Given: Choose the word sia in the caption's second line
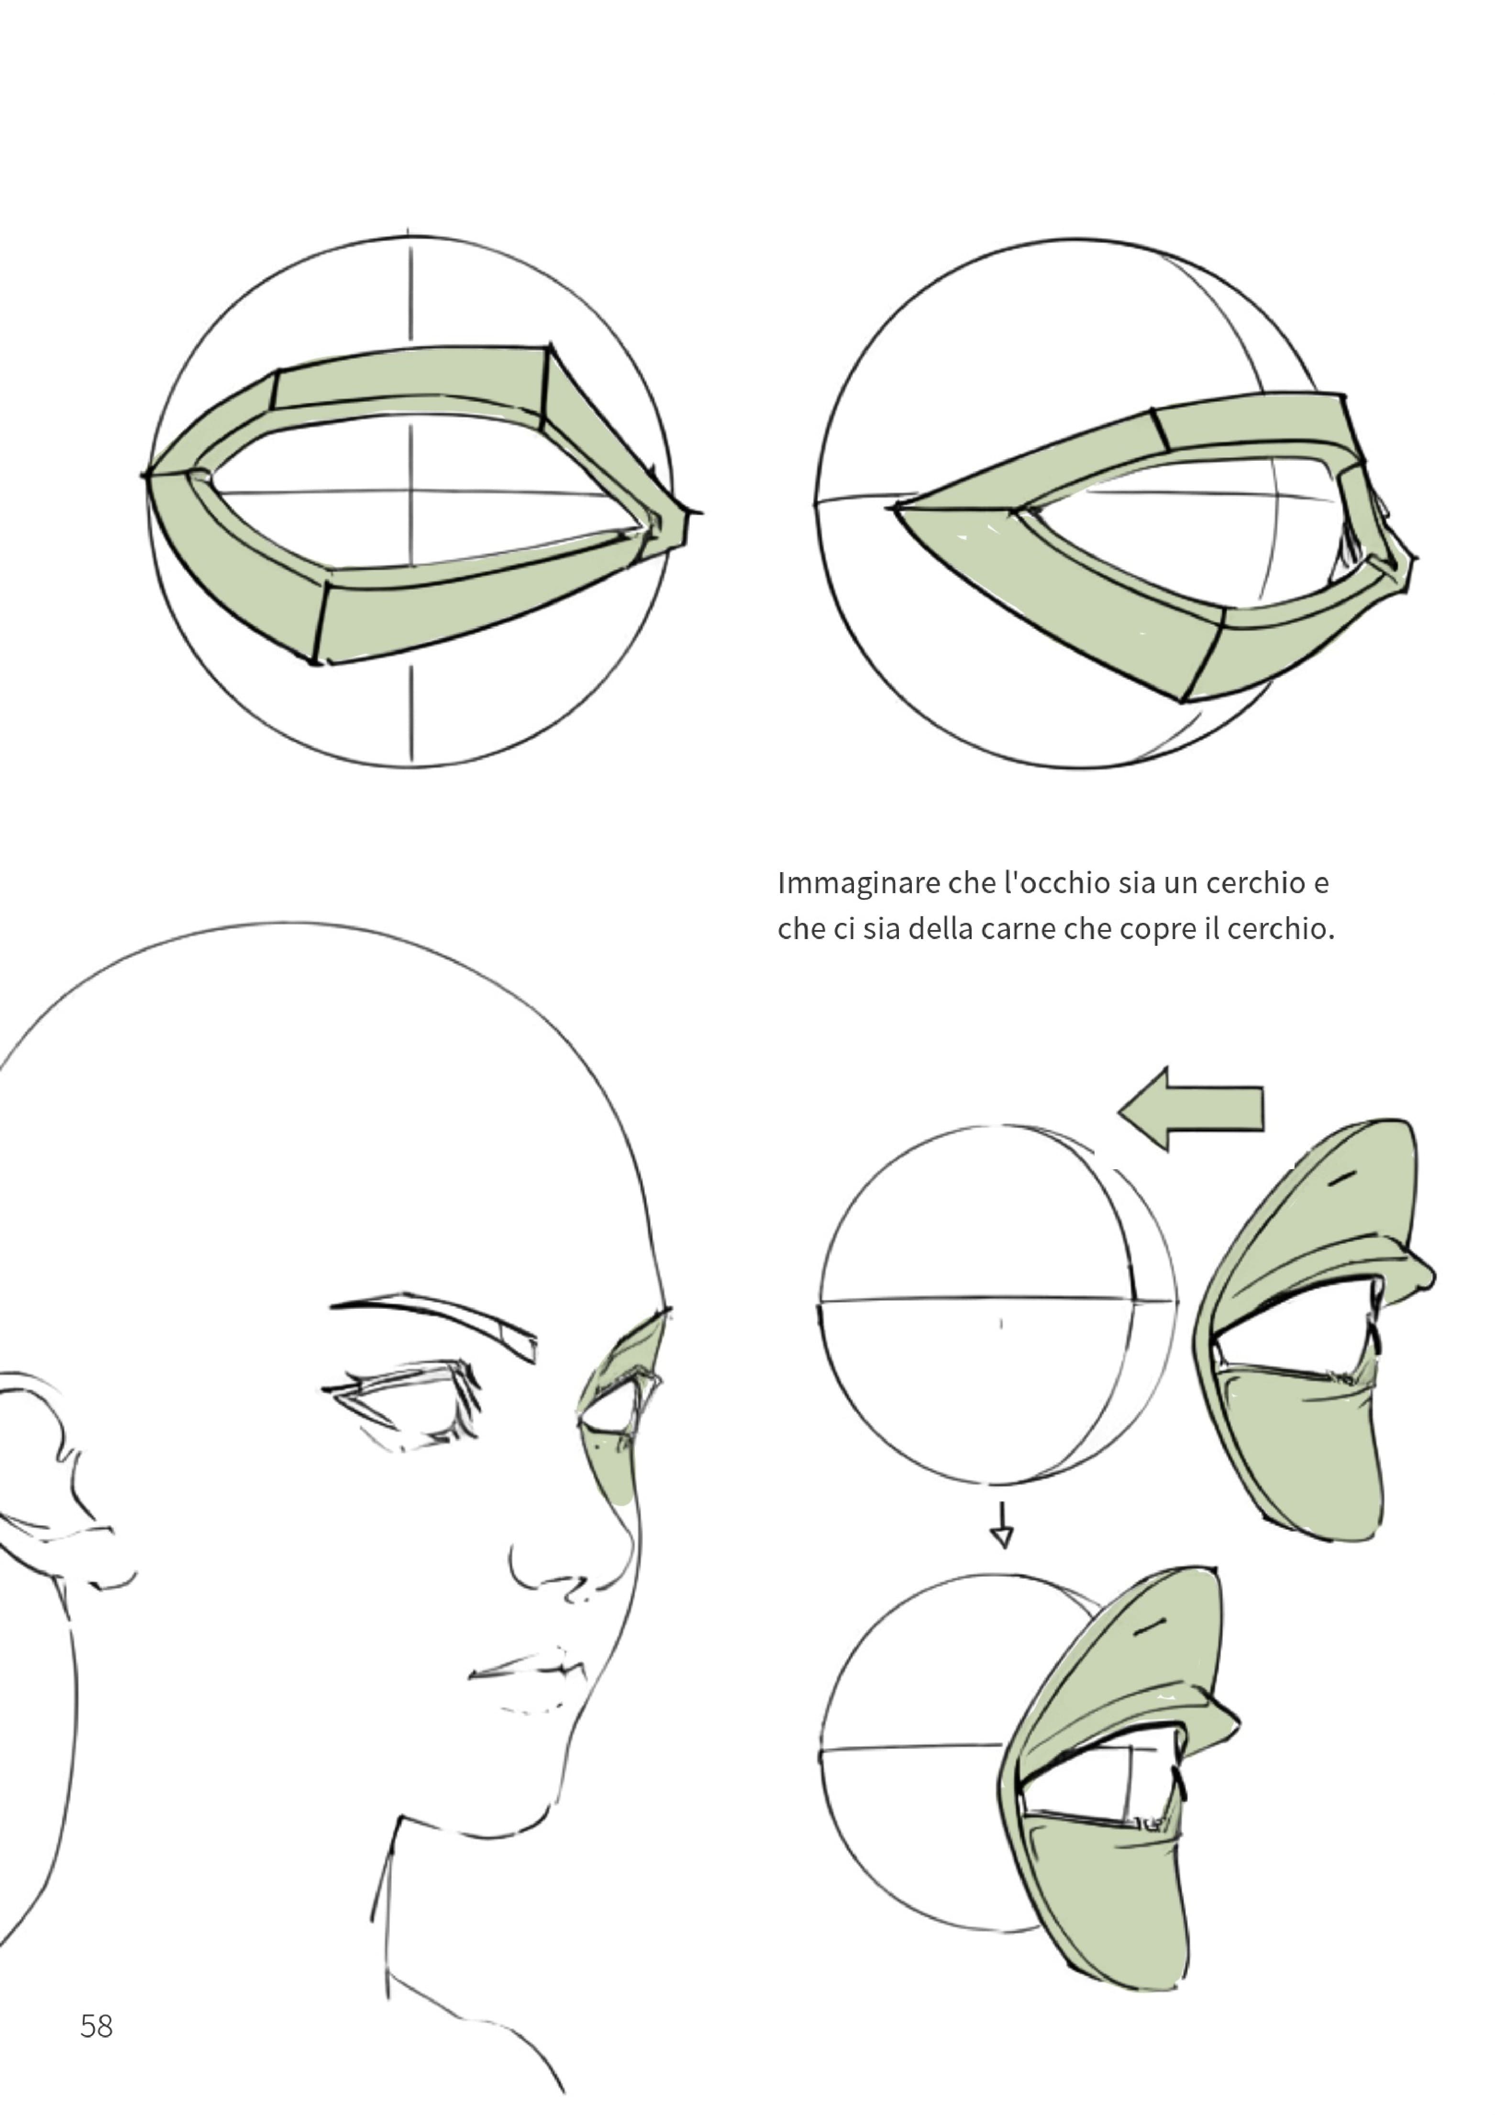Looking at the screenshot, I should (x=880, y=929).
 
